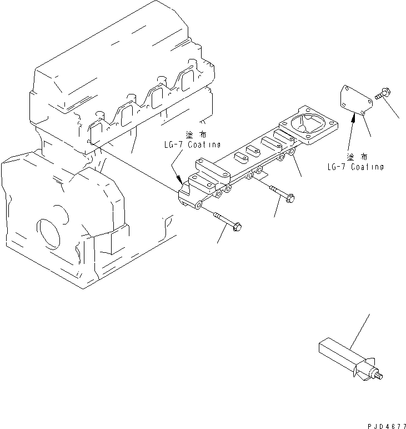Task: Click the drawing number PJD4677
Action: click(x=387, y=426)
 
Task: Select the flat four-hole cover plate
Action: click(x=356, y=99)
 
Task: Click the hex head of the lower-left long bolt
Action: click(x=237, y=227)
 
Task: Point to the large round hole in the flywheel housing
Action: click(x=48, y=233)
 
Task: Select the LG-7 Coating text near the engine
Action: click(x=193, y=144)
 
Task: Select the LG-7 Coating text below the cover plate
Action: click(x=355, y=167)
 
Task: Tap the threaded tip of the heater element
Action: click(x=379, y=376)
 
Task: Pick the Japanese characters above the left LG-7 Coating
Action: click(x=196, y=134)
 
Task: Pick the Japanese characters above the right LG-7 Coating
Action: click(x=357, y=157)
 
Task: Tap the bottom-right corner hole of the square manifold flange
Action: click(x=308, y=137)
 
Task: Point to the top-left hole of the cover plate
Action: click(x=346, y=88)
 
